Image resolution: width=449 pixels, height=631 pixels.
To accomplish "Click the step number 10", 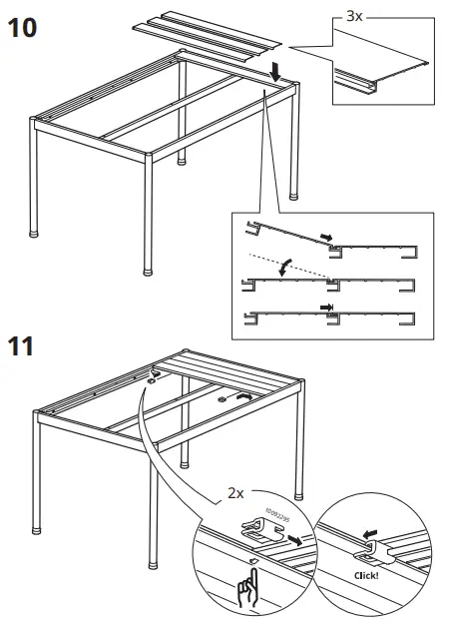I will (x=24, y=26).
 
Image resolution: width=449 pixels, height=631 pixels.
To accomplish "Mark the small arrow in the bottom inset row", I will (x=325, y=309).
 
